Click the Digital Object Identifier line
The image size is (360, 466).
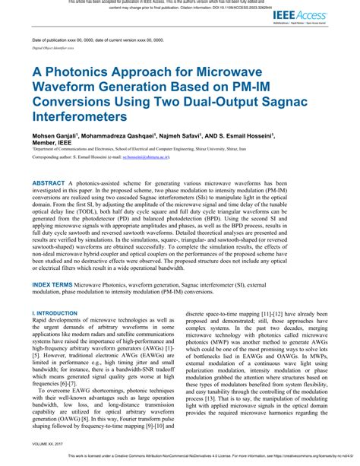coord(52,47)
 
